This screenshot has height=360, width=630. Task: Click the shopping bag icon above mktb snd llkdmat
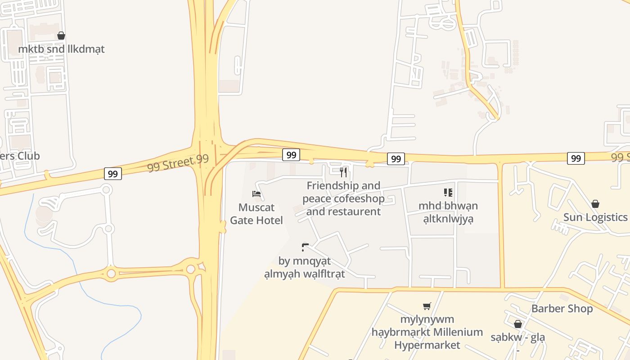[x=61, y=36]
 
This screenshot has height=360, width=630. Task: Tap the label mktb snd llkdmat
[x=61, y=49]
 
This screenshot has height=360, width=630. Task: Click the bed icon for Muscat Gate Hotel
[x=256, y=194]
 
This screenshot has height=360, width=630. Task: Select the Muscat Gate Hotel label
[x=256, y=214]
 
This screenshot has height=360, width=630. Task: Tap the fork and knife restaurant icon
[x=343, y=172]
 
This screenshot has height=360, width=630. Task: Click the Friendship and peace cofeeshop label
[x=343, y=198]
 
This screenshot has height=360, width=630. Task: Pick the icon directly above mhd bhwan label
[x=448, y=193]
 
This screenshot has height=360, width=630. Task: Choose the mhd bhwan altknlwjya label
[x=448, y=212]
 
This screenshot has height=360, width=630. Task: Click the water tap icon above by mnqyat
[x=305, y=247]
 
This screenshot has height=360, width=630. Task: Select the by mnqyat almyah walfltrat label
[x=305, y=267]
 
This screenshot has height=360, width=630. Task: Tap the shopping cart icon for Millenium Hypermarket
[x=427, y=306]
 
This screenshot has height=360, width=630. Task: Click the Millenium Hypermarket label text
[x=427, y=333]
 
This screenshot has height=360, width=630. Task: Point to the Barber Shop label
[x=562, y=309]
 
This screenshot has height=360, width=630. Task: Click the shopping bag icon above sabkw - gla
[x=517, y=324]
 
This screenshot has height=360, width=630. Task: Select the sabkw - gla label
[x=517, y=337]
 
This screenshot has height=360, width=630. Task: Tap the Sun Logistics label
[x=595, y=217]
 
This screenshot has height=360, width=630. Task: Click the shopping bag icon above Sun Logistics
[x=595, y=204]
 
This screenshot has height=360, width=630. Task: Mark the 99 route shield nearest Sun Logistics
[x=576, y=158]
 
